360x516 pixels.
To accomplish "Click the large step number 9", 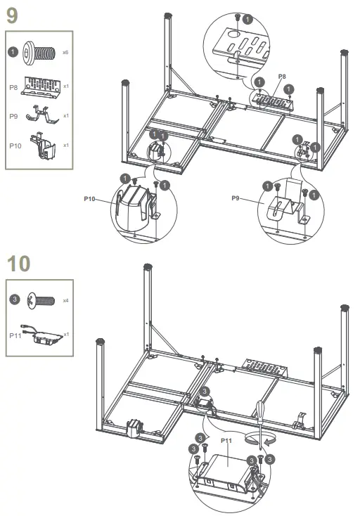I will pos(11,15).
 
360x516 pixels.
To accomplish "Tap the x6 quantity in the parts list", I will pos(65,53).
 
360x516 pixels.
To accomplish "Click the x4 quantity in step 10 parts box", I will pos(65,300).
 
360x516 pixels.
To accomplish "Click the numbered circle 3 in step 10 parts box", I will pos(13,300).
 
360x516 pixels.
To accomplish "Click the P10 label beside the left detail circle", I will pos(90,199).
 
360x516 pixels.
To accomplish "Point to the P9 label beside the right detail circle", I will pos(237,199).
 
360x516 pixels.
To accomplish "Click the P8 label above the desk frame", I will pos(282,75).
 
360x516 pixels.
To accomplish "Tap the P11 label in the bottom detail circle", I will pos(226,440).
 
